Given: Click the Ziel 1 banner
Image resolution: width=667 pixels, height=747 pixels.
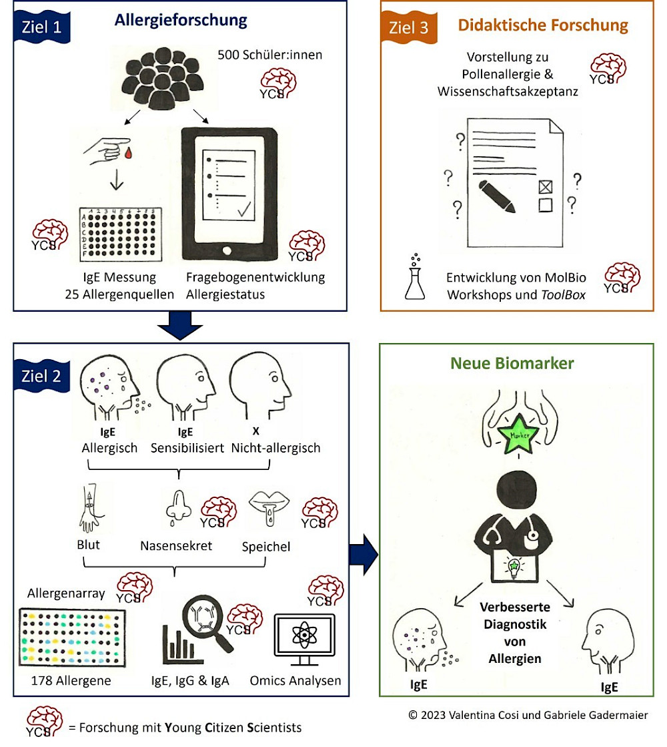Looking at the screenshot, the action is pos(42,27).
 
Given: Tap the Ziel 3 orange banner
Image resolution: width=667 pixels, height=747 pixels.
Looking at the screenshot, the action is pos(409,27).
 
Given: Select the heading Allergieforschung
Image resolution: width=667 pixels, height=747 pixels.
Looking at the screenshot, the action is pos(181,21).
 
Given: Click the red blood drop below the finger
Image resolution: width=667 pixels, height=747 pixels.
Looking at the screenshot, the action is pos(127,153).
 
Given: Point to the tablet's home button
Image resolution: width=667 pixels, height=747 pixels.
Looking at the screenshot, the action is pos(227,250).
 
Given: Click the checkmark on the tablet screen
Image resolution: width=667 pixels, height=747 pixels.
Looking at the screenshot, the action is pos(244,209).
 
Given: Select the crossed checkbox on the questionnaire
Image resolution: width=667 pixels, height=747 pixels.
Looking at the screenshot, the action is pos(546,187).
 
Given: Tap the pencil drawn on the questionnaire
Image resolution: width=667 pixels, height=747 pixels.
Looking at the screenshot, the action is pos(496,196).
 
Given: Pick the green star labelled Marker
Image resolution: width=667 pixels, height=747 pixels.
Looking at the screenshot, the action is pos(518,435).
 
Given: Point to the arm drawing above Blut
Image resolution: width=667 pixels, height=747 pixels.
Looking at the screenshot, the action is pos(91,508).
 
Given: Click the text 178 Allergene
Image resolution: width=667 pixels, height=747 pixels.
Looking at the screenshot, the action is pos(71,681).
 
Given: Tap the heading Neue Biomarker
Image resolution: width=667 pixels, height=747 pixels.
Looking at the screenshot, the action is pos(512,364).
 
